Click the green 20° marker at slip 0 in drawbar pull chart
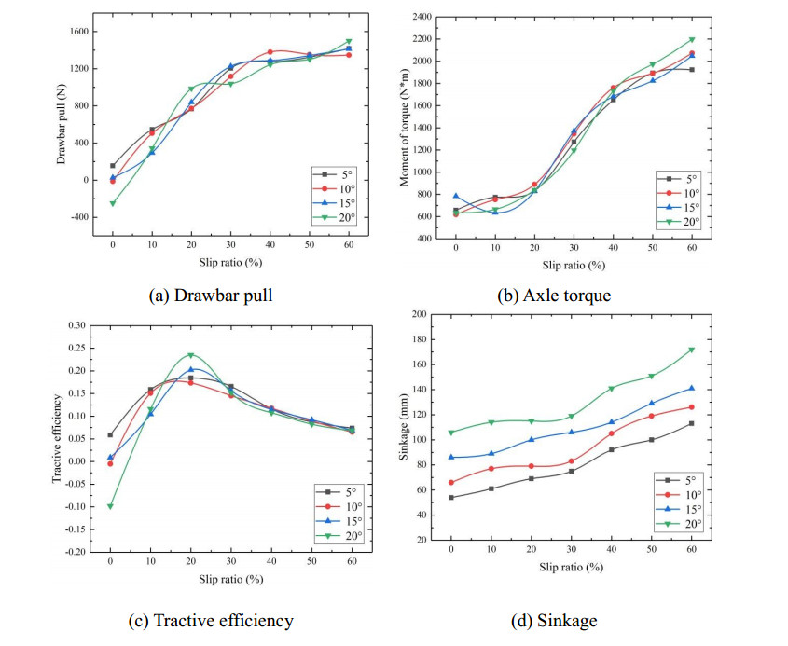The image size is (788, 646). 113,203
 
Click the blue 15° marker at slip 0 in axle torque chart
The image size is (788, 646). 456,196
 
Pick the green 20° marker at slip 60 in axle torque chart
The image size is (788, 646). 692,39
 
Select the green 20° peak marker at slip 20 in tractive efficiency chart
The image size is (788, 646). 191,355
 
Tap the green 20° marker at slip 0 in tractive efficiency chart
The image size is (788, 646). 111,506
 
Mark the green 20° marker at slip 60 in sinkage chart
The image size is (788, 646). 692,350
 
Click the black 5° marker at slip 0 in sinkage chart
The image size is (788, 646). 452,497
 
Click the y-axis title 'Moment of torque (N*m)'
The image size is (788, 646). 406,128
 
